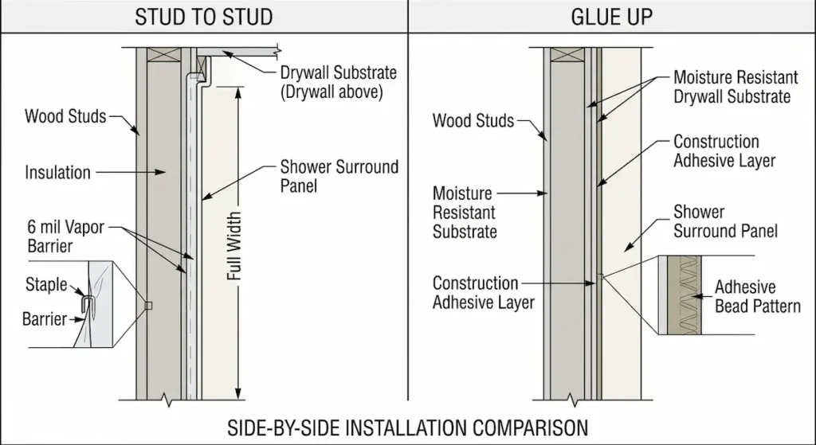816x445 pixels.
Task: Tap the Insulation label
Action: coord(57,172)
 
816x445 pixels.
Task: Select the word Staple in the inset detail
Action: coord(46,284)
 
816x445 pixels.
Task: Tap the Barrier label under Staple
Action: coord(45,320)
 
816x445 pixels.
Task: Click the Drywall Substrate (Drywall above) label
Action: coord(338,82)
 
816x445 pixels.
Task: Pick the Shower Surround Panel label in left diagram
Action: coord(339,177)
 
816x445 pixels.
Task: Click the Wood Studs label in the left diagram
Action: coord(65,117)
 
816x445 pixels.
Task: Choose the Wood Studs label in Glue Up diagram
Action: coord(473,121)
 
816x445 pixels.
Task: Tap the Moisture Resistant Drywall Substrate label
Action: coord(732,87)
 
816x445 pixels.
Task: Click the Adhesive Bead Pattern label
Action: coord(757,296)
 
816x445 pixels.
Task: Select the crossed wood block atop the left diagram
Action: coord(166,56)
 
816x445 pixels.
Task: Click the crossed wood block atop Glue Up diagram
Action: coord(567,56)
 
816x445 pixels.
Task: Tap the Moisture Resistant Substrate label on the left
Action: coord(465,213)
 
